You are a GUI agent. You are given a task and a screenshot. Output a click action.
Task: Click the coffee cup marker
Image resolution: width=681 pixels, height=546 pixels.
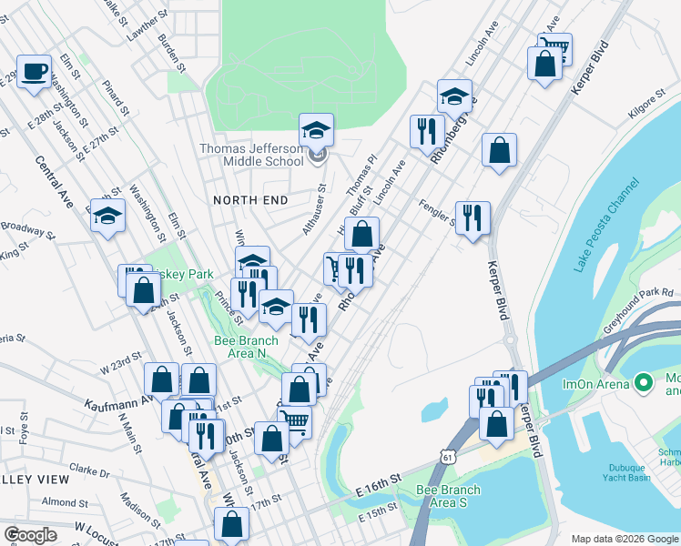(x=35, y=72)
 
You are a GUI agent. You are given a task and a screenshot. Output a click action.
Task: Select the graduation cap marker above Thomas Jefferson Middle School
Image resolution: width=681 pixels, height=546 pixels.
(x=317, y=131)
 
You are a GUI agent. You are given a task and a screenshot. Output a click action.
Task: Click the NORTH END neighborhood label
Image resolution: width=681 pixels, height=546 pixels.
(x=250, y=200)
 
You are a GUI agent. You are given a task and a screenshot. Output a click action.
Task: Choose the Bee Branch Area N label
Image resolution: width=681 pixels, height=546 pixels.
(x=240, y=347)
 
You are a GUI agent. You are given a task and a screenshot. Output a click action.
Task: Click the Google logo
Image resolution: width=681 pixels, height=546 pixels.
(x=30, y=535)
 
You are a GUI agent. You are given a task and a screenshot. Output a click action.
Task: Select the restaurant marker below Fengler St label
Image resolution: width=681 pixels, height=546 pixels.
(x=473, y=217)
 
